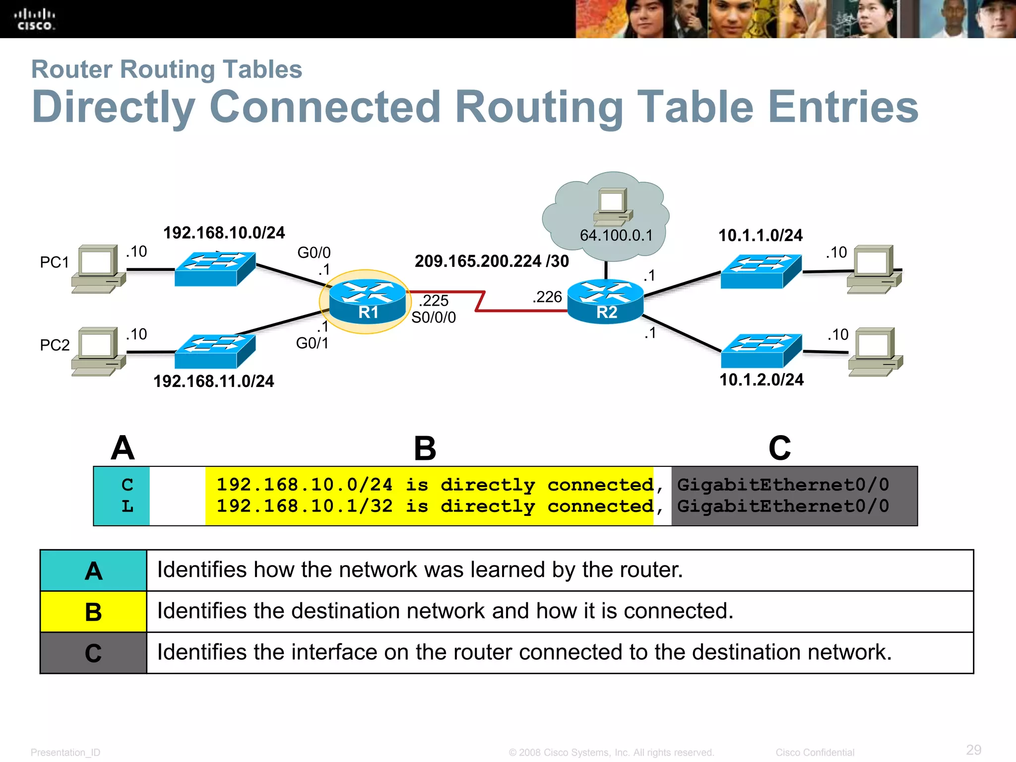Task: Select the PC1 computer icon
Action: pyautogui.click(x=98, y=268)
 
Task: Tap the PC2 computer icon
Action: pyautogui.click(x=98, y=351)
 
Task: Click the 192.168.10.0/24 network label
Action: pyautogui.click(x=224, y=233)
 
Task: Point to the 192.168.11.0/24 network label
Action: pyautogui.click(x=213, y=381)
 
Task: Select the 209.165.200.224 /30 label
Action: pyautogui.click(x=492, y=261)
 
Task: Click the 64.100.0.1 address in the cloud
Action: pyautogui.click(x=616, y=235)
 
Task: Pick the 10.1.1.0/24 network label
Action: pyautogui.click(x=761, y=235)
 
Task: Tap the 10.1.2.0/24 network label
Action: pyautogui.click(x=762, y=380)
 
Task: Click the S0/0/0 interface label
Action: pyautogui.click(x=434, y=317)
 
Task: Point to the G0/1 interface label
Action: pyautogui.click(x=312, y=343)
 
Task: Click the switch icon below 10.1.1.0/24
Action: pyautogui.click(x=761, y=271)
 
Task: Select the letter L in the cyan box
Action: pyautogui.click(x=127, y=507)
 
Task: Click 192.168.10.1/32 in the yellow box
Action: pyautogui.click(x=305, y=506)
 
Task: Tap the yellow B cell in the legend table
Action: pyautogui.click(x=93, y=612)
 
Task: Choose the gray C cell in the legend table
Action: pyautogui.click(x=93, y=653)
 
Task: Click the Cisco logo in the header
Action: pyautogui.click(x=34, y=20)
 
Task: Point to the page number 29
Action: pyautogui.click(x=973, y=750)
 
